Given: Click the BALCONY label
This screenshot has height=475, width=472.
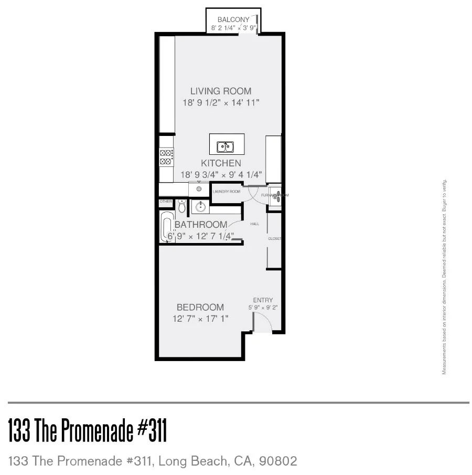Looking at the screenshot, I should (233, 19).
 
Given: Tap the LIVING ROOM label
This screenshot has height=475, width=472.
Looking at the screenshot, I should (221, 91).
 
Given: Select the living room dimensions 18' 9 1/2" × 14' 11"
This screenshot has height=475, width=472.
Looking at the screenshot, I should (221, 103).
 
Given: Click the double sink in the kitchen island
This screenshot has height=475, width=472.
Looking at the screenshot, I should (226, 146).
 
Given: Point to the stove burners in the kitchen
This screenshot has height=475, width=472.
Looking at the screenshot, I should (166, 157).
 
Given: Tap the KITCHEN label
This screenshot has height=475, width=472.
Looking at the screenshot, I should (221, 163).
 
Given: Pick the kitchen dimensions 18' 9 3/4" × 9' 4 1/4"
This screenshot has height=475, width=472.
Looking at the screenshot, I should (221, 175).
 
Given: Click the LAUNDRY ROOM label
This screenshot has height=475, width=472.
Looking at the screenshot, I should (227, 192).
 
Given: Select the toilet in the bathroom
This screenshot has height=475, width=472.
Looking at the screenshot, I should (181, 205).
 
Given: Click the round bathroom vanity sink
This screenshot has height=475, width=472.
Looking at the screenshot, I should (200, 207).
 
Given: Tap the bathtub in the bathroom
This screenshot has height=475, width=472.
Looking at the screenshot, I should (168, 229).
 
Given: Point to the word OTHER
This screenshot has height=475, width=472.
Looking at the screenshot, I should (166, 202).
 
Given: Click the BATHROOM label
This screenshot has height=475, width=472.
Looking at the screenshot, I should (201, 225).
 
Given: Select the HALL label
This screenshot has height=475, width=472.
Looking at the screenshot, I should (254, 224).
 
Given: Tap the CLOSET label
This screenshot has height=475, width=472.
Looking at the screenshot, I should (275, 239).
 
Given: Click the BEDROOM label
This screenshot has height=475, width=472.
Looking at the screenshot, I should (200, 307).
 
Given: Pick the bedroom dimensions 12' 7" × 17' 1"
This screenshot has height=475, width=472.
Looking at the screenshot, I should (200, 319).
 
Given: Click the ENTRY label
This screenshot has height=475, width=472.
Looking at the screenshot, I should (263, 300).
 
